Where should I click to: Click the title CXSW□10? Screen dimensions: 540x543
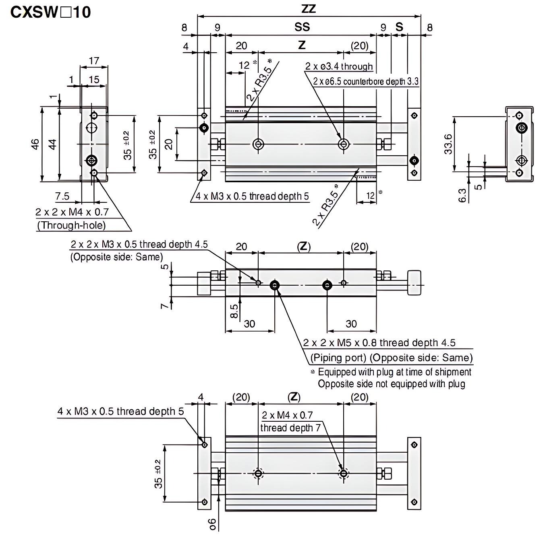point(50,12)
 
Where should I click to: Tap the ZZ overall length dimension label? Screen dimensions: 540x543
point(308,9)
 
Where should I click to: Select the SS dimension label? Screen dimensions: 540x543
point(302,27)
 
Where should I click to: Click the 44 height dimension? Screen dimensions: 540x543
point(52,144)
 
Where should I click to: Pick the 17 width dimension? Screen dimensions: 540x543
point(93,61)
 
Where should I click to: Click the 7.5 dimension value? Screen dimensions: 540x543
point(62,196)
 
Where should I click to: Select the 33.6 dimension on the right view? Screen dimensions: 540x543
point(448,144)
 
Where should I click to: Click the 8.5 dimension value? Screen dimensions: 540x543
point(234,311)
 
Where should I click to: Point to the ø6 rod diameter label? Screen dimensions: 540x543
point(212,524)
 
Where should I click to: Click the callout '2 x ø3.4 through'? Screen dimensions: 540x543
point(339,66)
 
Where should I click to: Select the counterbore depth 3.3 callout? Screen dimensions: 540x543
point(366,82)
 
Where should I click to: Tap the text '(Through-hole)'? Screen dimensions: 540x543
point(71,225)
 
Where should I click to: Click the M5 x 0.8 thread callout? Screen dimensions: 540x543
point(379,343)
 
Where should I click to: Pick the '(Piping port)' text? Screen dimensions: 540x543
point(338,358)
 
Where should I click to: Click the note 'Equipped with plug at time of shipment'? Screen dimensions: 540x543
point(394,372)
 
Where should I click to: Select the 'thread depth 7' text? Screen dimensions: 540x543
point(290,428)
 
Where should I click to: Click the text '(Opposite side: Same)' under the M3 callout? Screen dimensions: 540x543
point(116,257)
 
